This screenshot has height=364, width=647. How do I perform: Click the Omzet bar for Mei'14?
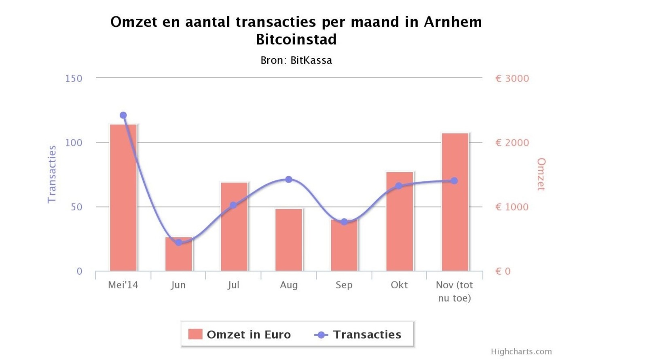(x=123, y=198)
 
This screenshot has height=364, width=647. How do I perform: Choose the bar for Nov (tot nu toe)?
(x=455, y=202)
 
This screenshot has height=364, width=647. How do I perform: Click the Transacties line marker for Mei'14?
(x=123, y=115)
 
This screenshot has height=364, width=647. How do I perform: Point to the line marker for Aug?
(x=289, y=180)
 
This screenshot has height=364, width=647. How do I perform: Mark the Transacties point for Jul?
(x=233, y=205)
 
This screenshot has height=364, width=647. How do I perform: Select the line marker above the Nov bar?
(x=454, y=181)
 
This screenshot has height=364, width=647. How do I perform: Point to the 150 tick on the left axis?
(x=74, y=78)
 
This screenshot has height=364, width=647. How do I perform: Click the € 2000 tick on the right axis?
(x=512, y=143)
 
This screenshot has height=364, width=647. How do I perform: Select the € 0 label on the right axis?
(x=503, y=271)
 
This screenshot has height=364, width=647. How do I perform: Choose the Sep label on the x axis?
(x=344, y=285)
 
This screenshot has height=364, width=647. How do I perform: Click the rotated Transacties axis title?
(x=52, y=174)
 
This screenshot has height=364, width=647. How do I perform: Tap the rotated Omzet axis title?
(x=541, y=174)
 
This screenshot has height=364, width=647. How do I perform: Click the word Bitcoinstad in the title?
(x=296, y=40)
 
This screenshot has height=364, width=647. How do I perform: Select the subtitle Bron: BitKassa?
(x=296, y=61)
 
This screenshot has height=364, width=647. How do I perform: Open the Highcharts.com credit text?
(x=521, y=351)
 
